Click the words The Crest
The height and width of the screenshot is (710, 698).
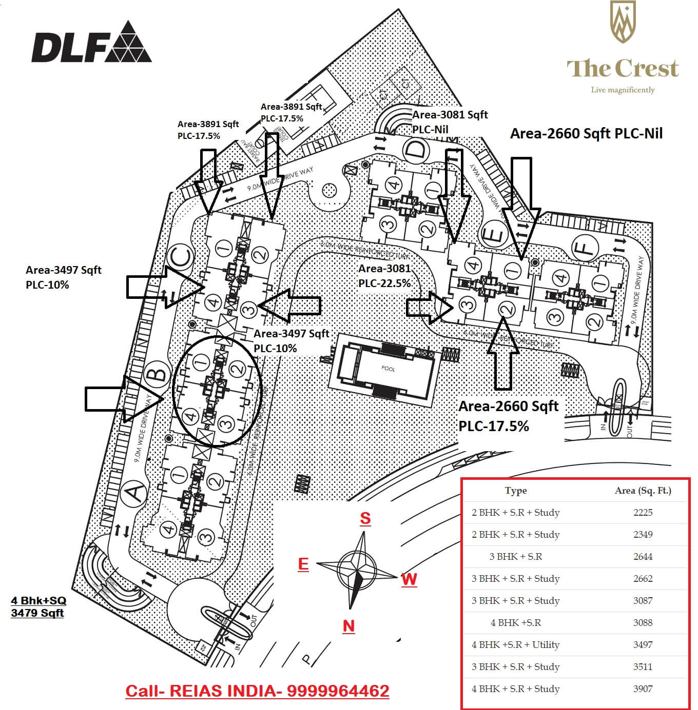point(623,69)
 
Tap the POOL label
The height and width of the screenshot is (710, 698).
point(388,369)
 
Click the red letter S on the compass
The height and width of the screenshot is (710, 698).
point(365,518)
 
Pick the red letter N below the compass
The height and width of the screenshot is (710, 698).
point(348,626)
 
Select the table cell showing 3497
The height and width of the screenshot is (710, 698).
point(643,645)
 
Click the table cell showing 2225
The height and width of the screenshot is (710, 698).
point(643,513)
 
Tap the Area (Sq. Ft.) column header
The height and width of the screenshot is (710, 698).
point(643,491)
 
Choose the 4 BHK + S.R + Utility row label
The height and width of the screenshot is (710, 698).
point(515,645)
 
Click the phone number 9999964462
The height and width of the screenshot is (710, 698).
point(338,691)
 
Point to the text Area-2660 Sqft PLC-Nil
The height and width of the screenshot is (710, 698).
point(586,134)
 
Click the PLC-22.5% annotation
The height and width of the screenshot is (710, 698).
point(384,283)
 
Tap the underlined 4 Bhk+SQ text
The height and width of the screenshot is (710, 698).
point(38,600)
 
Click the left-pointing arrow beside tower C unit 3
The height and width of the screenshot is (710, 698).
point(289,306)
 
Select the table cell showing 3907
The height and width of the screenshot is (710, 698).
point(643,689)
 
